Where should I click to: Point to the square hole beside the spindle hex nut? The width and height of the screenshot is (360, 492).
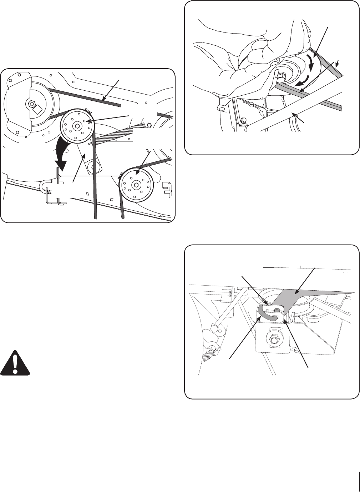click(38, 109)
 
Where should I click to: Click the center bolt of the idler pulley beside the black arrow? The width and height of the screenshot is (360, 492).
click(76, 126)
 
